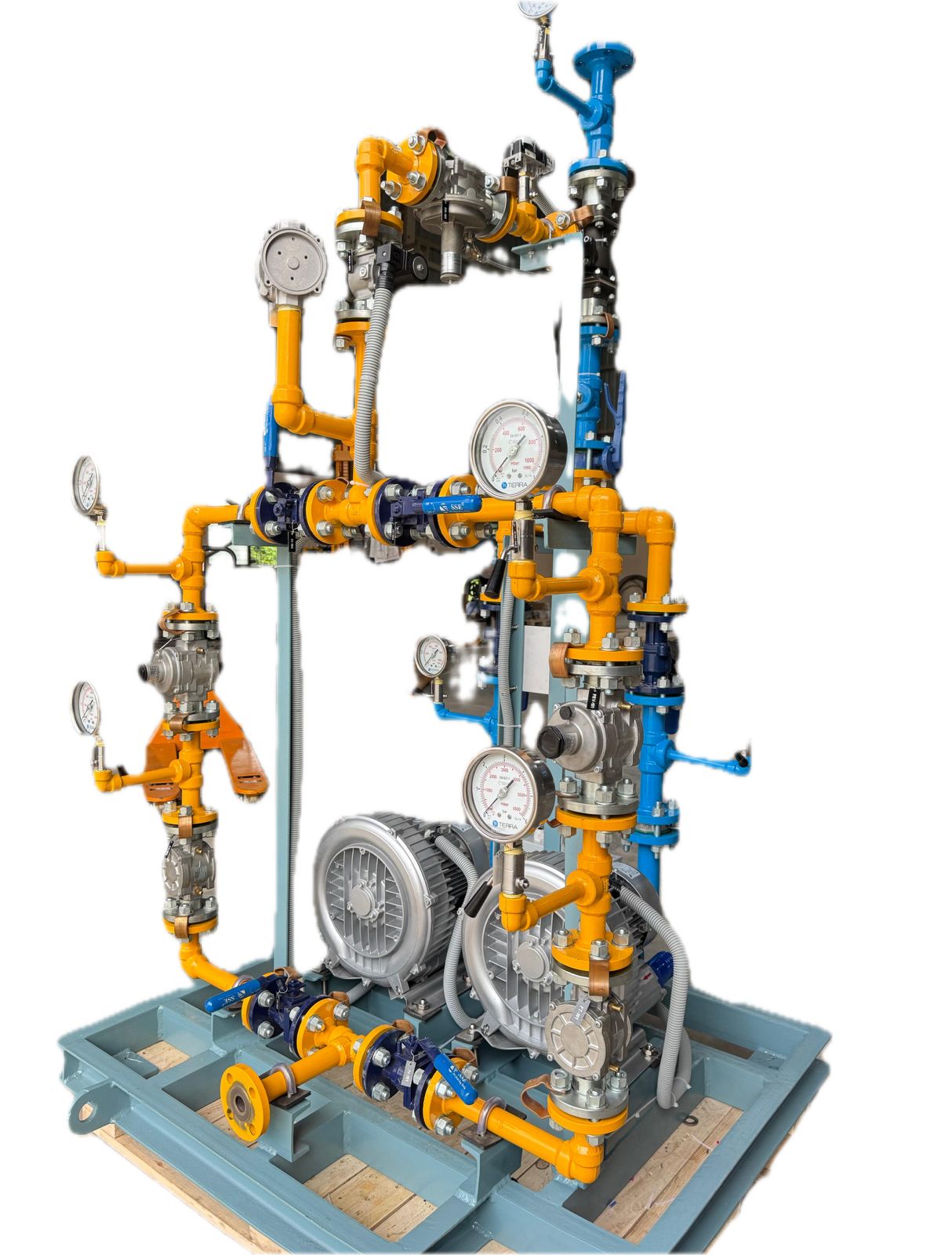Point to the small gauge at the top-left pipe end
pyautogui.click(x=85, y=482)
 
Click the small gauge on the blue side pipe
pyautogui.click(x=432, y=656)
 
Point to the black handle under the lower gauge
pyautogui.click(x=476, y=901)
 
